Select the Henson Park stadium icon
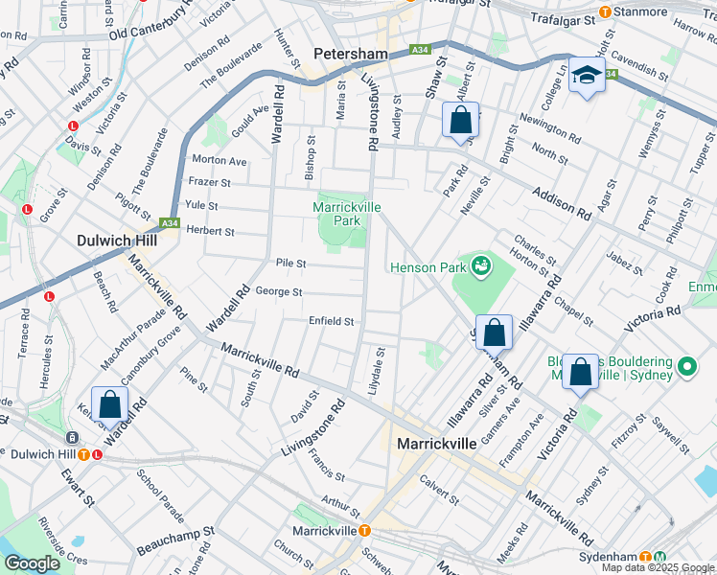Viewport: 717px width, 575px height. click(x=481, y=266)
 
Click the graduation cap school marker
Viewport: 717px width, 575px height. click(x=583, y=76)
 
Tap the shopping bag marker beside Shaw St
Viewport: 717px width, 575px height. click(x=460, y=121)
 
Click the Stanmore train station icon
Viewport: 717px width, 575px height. click(x=605, y=12)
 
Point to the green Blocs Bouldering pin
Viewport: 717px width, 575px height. click(x=686, y=367)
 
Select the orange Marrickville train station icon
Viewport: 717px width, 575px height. click(x=365, y=531)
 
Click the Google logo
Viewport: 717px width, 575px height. click(x=32, y=563)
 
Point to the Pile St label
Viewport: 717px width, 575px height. click(x=290, y=263)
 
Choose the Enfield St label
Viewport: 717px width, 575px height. click(x=332, y=321)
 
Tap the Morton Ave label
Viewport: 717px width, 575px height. click(x=220, y=160)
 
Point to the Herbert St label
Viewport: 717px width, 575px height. click(x=211, y=231)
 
